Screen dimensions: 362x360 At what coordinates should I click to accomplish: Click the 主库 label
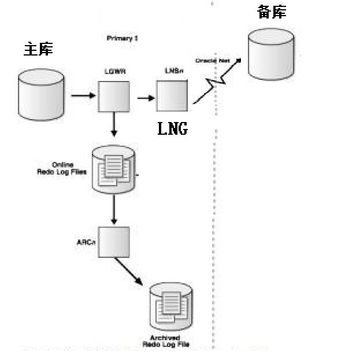point(38,50)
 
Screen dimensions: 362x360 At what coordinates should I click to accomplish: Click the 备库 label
point(271,12)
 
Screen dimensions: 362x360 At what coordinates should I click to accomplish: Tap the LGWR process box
point(113,96)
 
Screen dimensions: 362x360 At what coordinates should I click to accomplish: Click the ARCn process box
point(114,242)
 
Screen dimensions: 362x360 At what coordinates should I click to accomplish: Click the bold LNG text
point(172,128)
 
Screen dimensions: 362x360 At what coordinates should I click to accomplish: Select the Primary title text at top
point(122,38)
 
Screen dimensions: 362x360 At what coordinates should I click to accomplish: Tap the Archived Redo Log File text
point(165,341)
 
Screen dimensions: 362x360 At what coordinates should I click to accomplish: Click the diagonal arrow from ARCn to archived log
point(128,271)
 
